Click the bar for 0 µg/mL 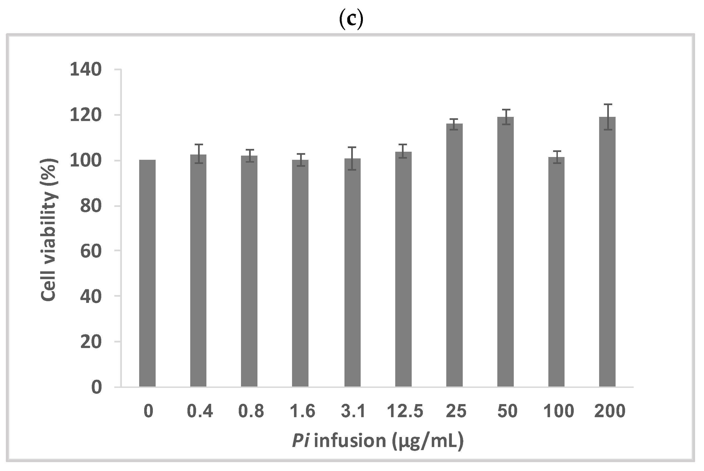pyautogui.click(x=147, y=273)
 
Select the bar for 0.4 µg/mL pyautogui.click(x=198, y=270)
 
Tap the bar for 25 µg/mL pyautogui.click(x=454, y=255)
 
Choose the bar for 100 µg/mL pyautogui.click(x=556, y=272)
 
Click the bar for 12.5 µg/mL pyautogui.click(x=403, y=269)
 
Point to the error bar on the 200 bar pyautogui.click(x=607, y=117)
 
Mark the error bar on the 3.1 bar pyautogui.click(x=353, y=158)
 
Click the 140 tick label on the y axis pyautogui.click(x=86, y=70)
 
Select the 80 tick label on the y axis pyautogui.click(x=91, y=206)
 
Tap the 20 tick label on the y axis pyautogui.click(x=91, y=342)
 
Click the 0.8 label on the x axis pyautogui.click(x=251, y=411)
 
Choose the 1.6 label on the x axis pyautogui.click(x=302, y=411)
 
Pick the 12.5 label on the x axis pyautogui.click(x=405, y=411)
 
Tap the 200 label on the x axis pyautogui.click(x=610, y=411)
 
